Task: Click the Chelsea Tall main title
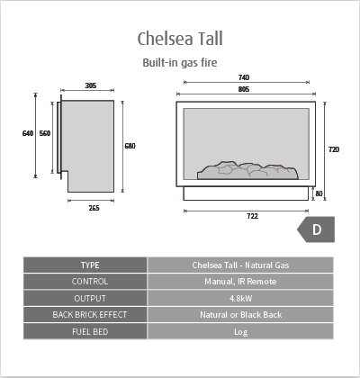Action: coord(180,39)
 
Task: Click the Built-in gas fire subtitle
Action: coord(180,63)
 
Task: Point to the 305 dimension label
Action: coord(91,85)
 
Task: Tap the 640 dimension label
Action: coord(28,133)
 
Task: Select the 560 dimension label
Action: coord(45,133)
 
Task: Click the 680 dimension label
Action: coord(130,146)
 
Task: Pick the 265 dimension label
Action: coord(94,208)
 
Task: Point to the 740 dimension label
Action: coord(244,77)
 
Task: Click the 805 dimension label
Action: coord(244,89)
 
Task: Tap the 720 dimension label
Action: coord(334,149)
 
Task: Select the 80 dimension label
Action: coord(319,193)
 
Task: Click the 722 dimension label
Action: coord(252,216)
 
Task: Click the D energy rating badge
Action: coord(316,229)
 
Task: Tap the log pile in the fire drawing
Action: coord(247,171)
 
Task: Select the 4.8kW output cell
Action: coord(240,299)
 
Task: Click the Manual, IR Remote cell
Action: coord(240,282)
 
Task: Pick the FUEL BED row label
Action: coord(90,332)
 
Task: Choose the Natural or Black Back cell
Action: coord(240,315)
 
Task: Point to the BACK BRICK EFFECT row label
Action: coord(90,315)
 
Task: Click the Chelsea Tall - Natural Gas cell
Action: coord(240,265)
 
